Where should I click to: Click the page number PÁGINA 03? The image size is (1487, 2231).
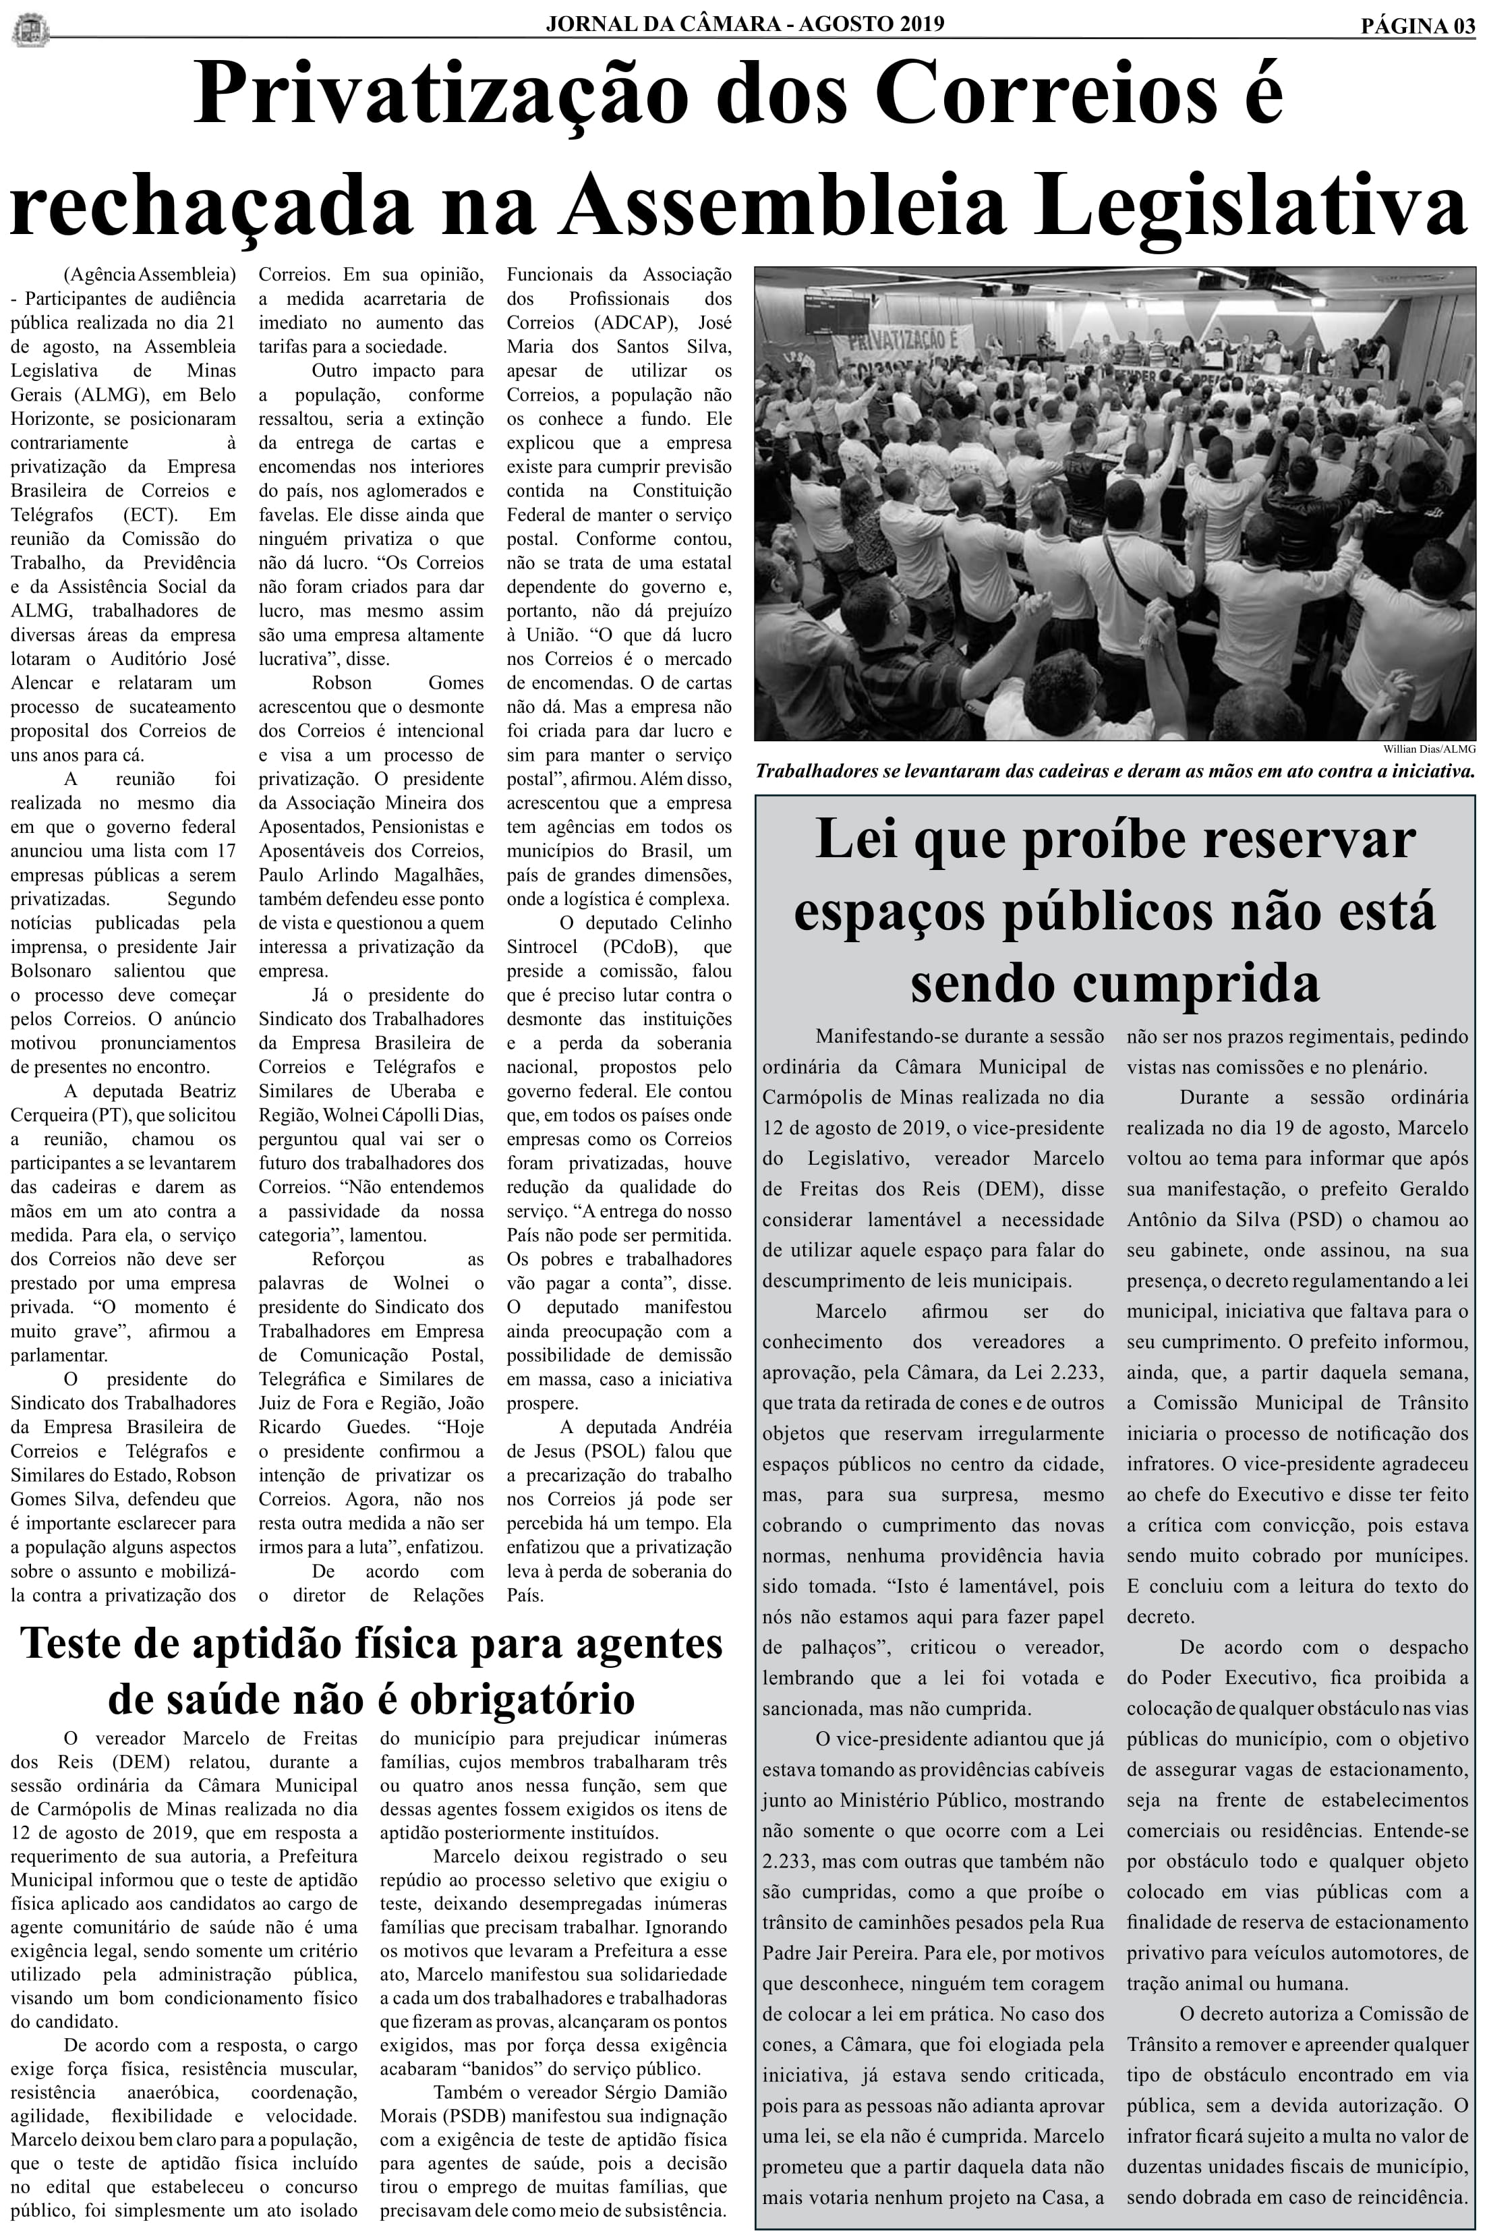click(1418, 26)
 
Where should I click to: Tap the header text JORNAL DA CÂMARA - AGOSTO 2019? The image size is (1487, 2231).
click(745, 24)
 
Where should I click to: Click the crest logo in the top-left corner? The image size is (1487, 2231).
click(28, 28)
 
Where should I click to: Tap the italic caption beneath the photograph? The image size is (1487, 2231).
click(1114, 772)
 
